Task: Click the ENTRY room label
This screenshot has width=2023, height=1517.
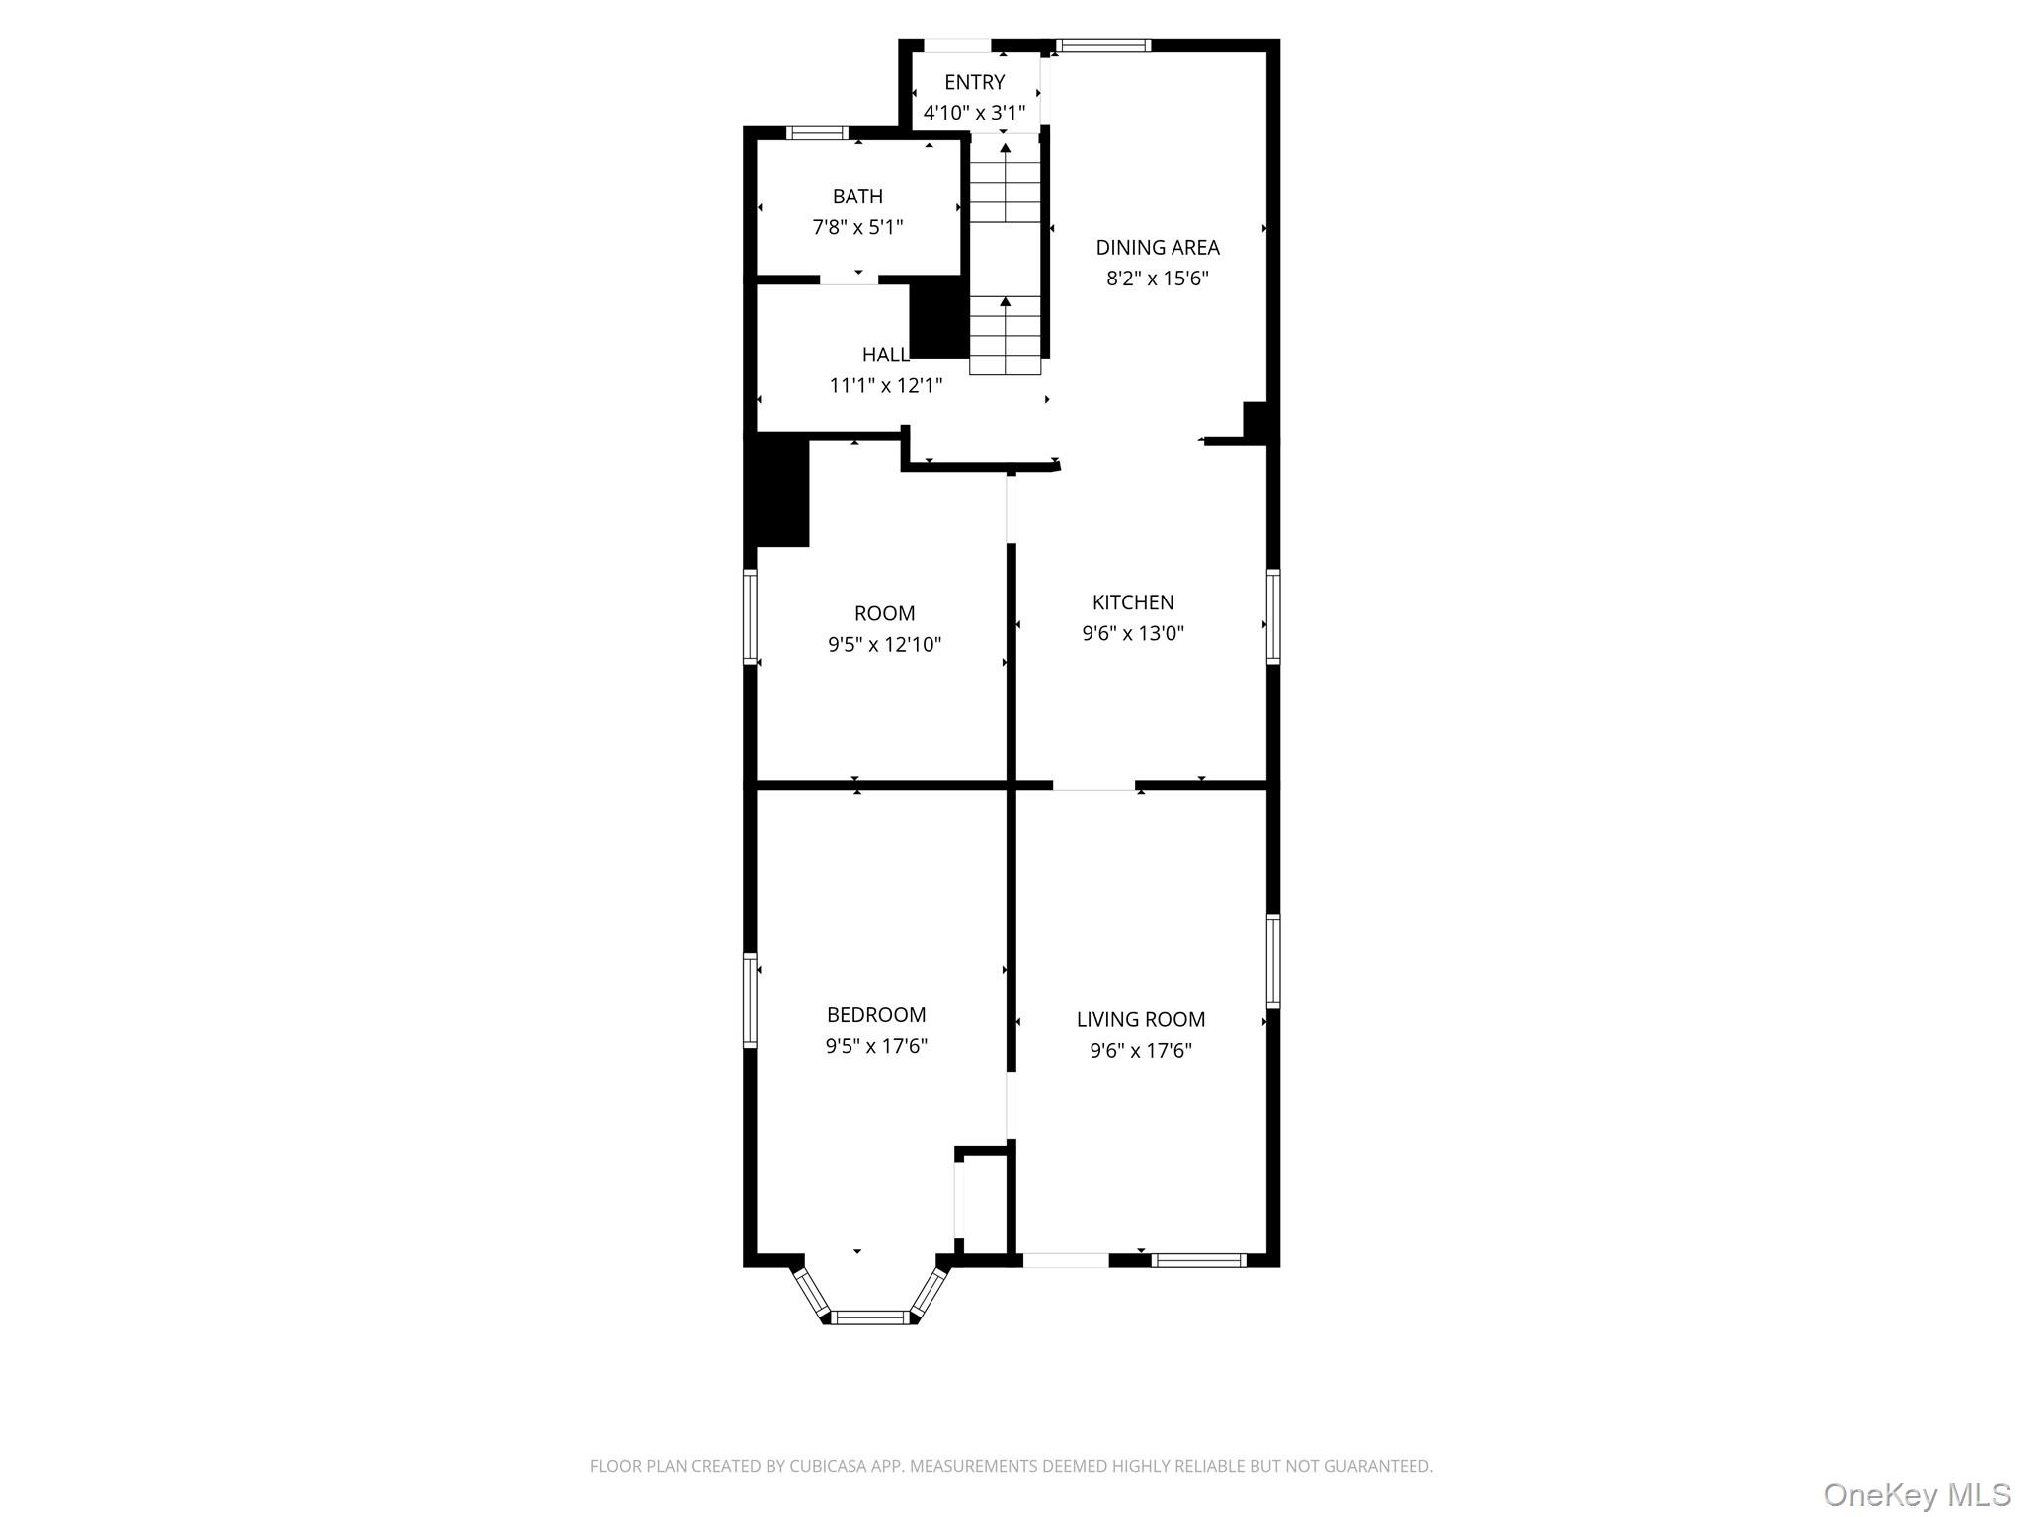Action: (974, 82)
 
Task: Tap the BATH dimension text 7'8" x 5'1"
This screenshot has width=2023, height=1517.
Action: (857, 227)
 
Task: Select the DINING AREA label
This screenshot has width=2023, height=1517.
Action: (1157, 247)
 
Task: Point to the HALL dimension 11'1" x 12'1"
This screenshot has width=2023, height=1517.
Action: (885, 385)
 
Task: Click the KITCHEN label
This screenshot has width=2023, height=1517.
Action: (1132, 602)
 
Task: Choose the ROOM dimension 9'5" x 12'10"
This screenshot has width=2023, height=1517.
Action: (884, 645)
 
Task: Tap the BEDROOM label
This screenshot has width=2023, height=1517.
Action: (875, 1014)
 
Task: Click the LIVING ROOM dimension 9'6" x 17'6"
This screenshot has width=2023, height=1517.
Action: (1140, 1051)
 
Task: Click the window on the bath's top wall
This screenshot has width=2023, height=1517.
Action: (817, 133)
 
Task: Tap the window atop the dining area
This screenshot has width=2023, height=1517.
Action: (1102, 45)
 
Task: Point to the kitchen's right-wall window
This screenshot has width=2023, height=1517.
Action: (1273, 616)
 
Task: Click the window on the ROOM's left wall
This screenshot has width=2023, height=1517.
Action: (750, 616)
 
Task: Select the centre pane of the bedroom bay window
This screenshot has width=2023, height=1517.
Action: (869, 1317)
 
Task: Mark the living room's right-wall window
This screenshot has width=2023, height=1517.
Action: (1273, 961)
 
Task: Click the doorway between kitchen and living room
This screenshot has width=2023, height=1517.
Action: (1093, 786)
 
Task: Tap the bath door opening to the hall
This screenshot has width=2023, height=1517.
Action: (849, 279)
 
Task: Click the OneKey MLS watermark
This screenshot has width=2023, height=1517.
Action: (1916, 1494)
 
